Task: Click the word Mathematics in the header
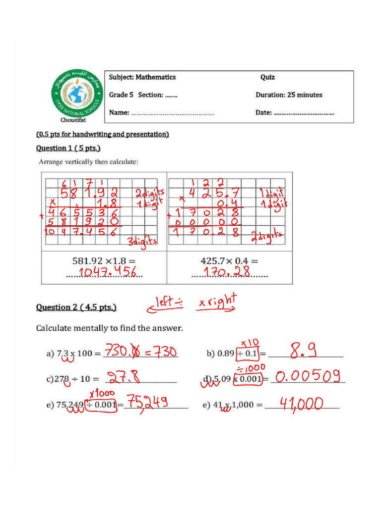(x=156, y=77)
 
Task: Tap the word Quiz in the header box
(x=267, y=77)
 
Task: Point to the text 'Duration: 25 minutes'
(x=289, y=95)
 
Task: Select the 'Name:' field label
(x=120, y=112)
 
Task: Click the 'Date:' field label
(x=263, y=112)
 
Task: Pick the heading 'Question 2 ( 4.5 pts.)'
(x=76, y=307)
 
